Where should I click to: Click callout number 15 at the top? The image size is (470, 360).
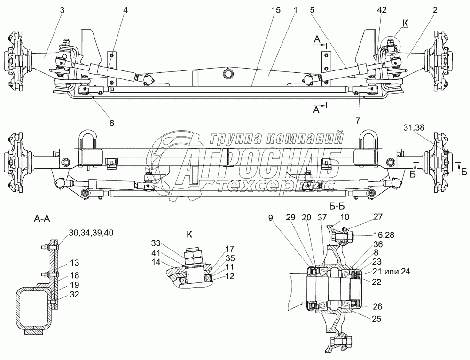tap(276, 10)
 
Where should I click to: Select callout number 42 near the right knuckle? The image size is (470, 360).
tap(382, 10)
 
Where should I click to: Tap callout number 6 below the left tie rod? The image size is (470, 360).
tap(111, 123)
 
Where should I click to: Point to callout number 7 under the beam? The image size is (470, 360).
tap(358, 120)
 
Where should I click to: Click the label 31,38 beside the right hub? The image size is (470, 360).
tap(414, 127)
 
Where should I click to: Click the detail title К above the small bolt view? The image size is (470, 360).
tap(189, 235)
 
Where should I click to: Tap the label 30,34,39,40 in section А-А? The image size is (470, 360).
tap(91, 233)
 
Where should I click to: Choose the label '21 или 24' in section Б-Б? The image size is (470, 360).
tap(391, 272)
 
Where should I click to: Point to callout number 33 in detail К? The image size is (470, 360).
tap(156, 242)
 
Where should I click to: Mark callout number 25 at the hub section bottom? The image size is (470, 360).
tap(376, 319)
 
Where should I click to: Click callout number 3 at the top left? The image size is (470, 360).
tap(62, 10)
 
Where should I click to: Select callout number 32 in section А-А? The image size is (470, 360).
tap(74, 294)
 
